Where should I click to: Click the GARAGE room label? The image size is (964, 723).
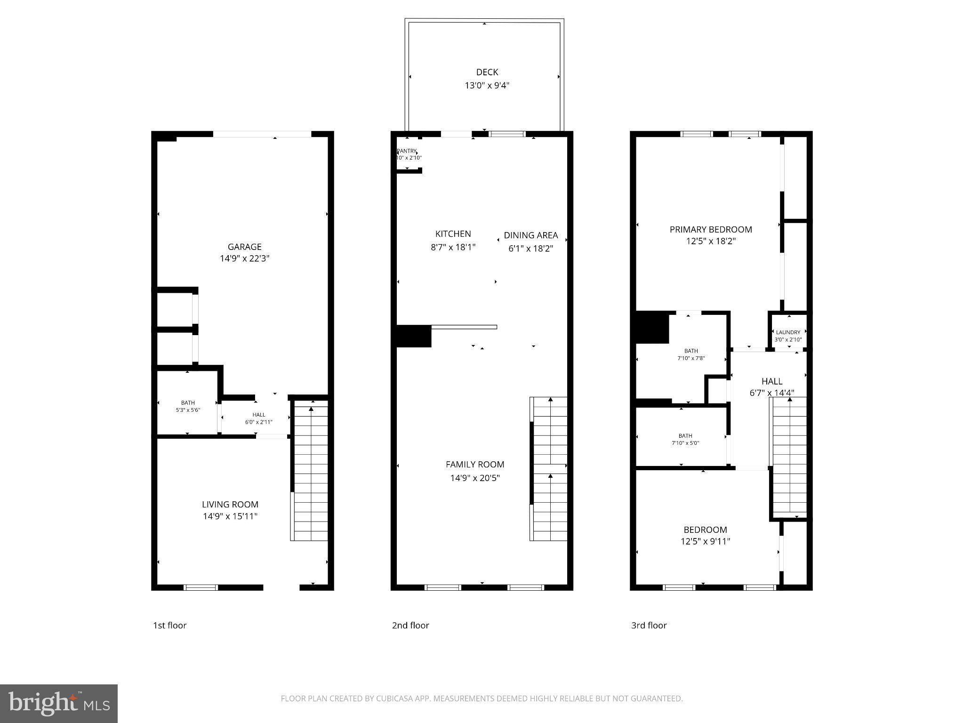pos(244,247)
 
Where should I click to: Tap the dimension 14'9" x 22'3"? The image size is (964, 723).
pos(244,258)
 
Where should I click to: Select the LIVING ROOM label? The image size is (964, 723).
pos(230,504)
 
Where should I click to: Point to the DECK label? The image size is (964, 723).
pos(487,72)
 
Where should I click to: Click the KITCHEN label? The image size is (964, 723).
pos(453,234)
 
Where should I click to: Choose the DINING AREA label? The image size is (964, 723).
pos(530,235)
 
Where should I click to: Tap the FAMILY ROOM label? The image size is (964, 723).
pos(474,465)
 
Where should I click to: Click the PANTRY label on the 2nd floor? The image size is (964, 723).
pos(407,151)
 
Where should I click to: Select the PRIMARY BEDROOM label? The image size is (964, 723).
pos(710,230)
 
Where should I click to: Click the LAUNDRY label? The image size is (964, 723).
pos(788,332)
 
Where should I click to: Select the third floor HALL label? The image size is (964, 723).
pos(772,381)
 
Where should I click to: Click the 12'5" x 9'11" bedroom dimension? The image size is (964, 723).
pos(705,541)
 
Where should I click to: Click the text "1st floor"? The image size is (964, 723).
pos(169,625)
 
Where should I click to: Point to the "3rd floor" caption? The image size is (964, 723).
pos(649,625)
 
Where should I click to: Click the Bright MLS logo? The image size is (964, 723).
pos(59,703)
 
